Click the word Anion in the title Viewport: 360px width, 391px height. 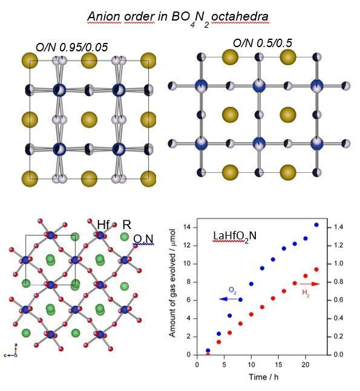[x=104, y=16]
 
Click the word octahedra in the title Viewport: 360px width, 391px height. [x=240, y=16]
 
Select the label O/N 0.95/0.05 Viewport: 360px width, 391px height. [x=71, y=47]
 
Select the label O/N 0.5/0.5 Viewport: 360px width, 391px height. [x=263, y=43]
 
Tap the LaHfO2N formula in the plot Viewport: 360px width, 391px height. [x=234, y=236]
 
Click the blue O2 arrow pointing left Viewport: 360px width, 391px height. [x=228, y=299]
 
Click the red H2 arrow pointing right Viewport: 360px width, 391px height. [x=310, y=284]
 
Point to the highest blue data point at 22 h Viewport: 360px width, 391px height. [x=316, y=225]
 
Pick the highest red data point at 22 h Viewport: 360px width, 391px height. [x=316, y=270]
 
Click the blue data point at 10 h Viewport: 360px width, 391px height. [x=251, y=284]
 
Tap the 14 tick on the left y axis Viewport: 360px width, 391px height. [x=187, y=227]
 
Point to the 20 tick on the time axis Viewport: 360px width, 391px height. [x=306, y=364]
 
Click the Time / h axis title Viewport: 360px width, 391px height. [x=263, y=376]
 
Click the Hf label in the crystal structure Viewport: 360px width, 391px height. [x=103, y=225]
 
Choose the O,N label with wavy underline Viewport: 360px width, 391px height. [x=143, y=239]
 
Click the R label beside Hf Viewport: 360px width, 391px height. [x=126, y=225]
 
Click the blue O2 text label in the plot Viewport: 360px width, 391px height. [x=232, y=291]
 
